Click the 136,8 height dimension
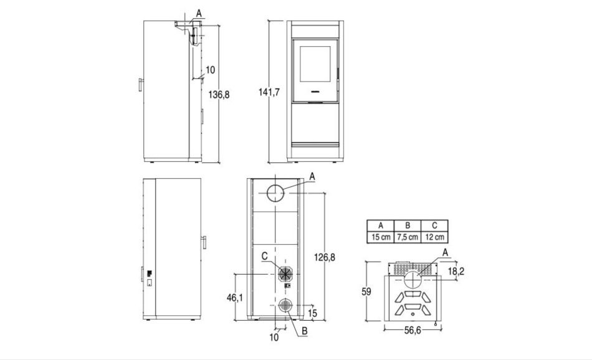click(x=219, y=94)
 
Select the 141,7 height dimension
click(x=269, y=92)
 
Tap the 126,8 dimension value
click(x=324, y=257)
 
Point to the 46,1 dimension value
click(x=235, y=298)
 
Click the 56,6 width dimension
click(x=413, y=330)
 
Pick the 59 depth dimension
click(x=366, y=291)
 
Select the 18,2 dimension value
click(x=456, y=271)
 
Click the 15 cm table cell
click(x=381, y=237)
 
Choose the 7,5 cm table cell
click(x=408, y=237)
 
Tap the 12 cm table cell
click(x=434, y=237)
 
